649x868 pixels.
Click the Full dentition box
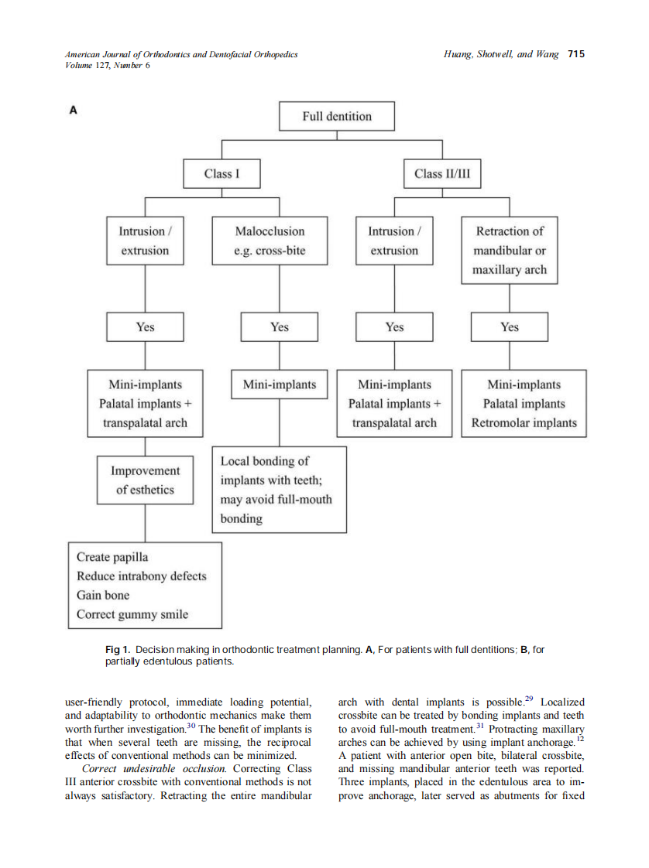[336, 117]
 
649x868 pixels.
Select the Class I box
[221, 173]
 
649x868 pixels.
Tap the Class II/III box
[441, 173]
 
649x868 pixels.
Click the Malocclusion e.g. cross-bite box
[270, 241]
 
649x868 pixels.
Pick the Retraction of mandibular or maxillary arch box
[509, 251]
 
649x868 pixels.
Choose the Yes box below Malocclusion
[279, 327]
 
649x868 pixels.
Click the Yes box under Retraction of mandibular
[509, 327]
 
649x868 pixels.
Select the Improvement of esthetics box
[145, 480]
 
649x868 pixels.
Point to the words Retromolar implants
[524, 423]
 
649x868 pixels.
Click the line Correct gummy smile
[132, 615]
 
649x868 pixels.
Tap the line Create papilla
[112, 557]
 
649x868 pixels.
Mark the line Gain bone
[103, 596]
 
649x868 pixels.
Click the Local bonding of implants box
[279, 490]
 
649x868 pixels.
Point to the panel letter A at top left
[74, 111]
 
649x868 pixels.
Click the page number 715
[575, 54]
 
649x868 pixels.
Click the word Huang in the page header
[458, 54]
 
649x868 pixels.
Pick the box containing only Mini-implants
[279, 384]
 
